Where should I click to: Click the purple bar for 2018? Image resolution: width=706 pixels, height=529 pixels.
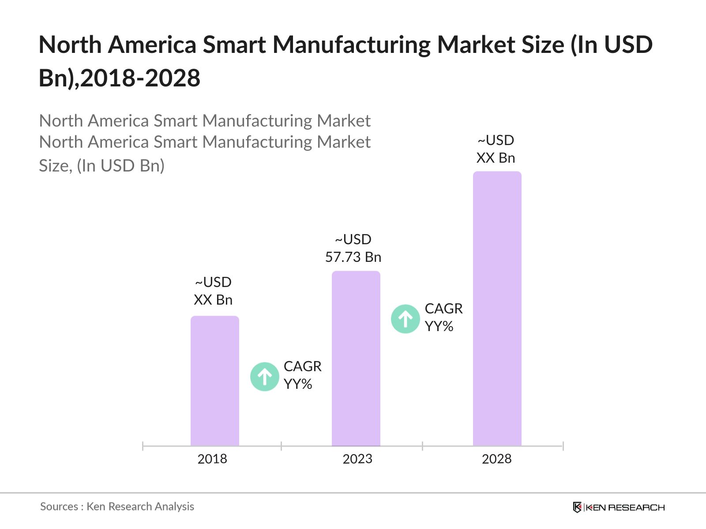click(x=214, y=381)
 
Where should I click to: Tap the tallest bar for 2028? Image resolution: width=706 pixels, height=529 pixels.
click(x=497, y=309)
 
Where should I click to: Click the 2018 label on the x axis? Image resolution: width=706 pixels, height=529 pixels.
click(x=212, y=459)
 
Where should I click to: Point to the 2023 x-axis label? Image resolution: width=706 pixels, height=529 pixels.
click(x=357, y=459)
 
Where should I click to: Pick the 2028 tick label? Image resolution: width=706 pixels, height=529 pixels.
click(x=496, y=459)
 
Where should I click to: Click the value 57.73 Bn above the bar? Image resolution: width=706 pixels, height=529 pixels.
click(x=353, y=257)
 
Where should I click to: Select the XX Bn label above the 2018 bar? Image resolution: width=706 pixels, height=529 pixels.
click(x=213, y=300)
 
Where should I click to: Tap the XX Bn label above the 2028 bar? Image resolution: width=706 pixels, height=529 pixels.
click(x=496, y=158)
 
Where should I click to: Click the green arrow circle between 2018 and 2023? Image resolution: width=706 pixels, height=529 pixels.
click(x=265, y=376)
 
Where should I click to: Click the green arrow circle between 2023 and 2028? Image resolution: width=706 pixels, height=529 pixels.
click(x=405, y=319)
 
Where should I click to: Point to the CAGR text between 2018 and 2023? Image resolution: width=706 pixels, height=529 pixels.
click(x=302, y=366)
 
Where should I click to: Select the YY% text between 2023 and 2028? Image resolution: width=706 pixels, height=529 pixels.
click(x=439, y=327)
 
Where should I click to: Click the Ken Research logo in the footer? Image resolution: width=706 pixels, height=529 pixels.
click(x=619, y=507)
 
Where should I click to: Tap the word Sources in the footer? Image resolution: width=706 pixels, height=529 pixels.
click(x=59, y=507)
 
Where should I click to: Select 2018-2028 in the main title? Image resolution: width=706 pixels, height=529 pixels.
click(x=140, y=78)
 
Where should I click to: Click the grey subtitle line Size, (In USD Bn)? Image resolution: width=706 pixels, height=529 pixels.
click(x=101, y=166)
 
